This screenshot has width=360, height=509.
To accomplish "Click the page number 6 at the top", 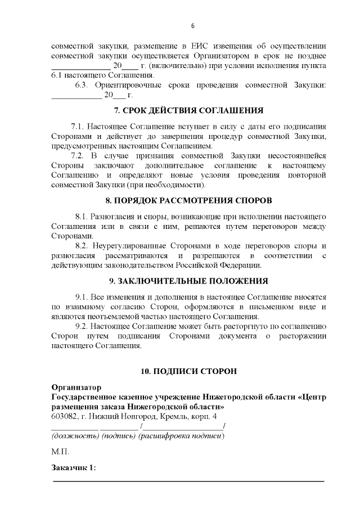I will tap(193, 26).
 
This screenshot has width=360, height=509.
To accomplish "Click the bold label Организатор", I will tap(76, 388).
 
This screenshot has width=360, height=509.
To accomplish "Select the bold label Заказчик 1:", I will tap(74, 468).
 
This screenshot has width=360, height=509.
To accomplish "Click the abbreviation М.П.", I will tap(60, 452).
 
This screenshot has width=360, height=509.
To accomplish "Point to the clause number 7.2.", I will tap(77, 155).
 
